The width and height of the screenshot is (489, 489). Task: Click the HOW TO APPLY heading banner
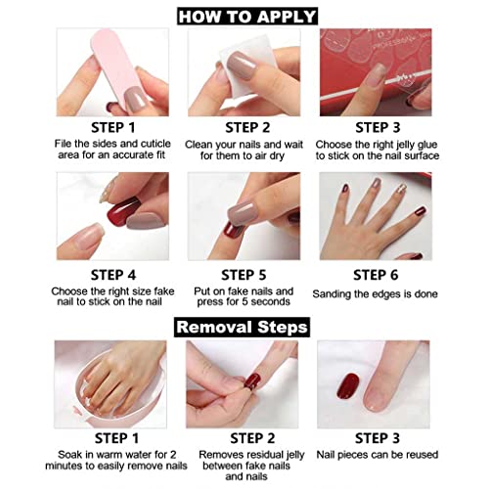click(x=245, y=15)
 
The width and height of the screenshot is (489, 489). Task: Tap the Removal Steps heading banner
click(x=244, y=325)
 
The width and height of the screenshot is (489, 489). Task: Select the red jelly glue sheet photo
click(x=376, y=71)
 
